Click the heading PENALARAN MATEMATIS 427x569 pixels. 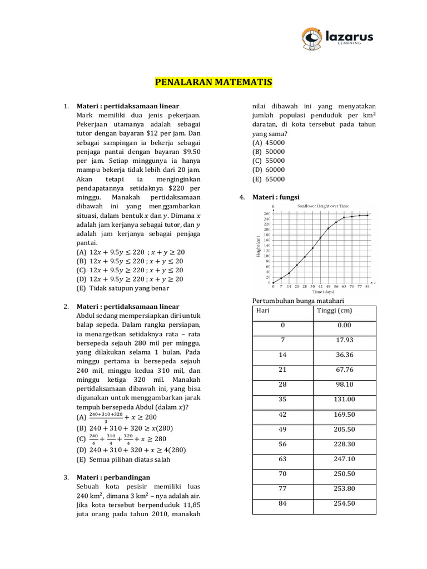213,83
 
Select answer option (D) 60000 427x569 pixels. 269,169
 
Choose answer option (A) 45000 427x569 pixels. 269,142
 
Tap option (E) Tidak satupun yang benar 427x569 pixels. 122,288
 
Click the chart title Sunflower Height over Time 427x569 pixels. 322,206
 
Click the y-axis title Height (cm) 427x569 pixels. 258,247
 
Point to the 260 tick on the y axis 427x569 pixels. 267,213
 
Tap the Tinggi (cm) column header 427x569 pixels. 334,311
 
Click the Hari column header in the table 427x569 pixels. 263,311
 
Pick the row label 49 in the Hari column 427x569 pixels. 282,430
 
